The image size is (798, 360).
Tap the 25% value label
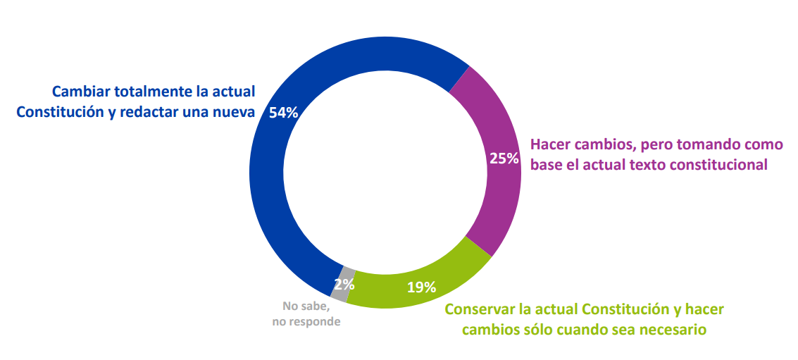[504, 159]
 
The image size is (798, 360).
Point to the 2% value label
[344, 285]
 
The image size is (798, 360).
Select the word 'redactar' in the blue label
[154, 112]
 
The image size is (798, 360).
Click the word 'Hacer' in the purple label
[550, 144]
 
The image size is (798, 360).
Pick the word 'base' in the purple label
[547, 165]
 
